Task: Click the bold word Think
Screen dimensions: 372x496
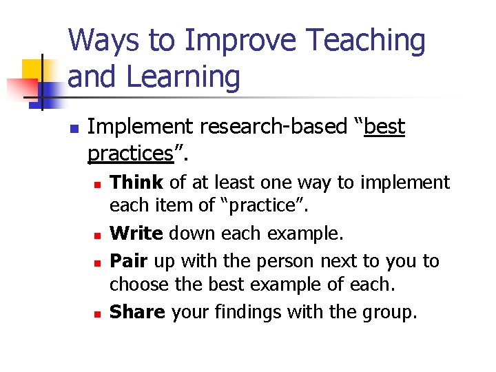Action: [136, 183]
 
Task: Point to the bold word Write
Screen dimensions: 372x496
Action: [136, 234]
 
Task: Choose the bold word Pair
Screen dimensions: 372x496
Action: [130, 261]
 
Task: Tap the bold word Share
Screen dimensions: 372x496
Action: [137, 312]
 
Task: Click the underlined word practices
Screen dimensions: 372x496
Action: [130, 153]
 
